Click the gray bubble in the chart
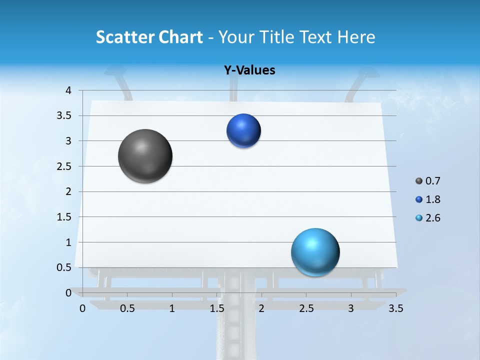click(x=145, y=156)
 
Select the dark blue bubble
click(x=243, y=130)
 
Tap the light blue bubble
click(x=315, y=252)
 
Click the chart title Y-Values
click(x=249, y=70)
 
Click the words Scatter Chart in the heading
click(x=149, y=37)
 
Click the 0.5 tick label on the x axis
click(x=127, y=308)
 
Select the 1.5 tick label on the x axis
click(x=217, y=308)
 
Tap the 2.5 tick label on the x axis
click(x=306, y=308)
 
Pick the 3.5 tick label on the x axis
click(x=395, y=308)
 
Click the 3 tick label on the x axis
click(x=351, y=308)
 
